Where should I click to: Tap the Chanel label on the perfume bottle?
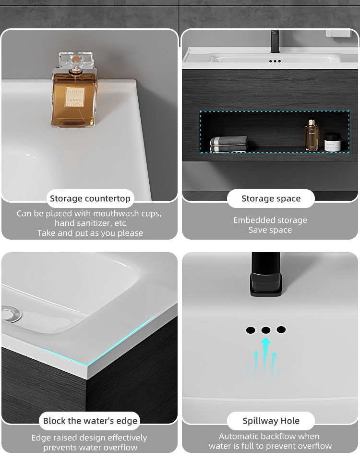pos(75,97)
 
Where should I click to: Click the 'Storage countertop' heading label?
pos(90,198)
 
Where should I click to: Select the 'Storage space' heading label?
pos(271,198)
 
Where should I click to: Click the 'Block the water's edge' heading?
pos(90,421)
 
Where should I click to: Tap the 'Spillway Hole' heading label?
pos(271,421)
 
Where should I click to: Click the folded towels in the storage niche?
pos(229,144)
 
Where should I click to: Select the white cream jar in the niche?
pos(333,142)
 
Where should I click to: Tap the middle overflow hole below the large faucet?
pos(266,330)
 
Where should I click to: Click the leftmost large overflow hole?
pos(251,330)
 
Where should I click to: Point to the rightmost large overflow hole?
pos(281,329)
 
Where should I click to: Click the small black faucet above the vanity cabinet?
pos(275,41)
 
